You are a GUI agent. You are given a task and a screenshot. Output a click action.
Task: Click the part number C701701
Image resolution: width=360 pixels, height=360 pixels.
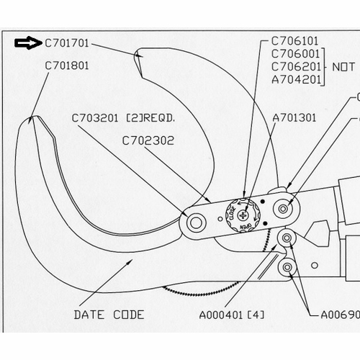68,44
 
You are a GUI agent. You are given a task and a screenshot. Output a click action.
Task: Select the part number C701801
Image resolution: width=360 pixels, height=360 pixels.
68,64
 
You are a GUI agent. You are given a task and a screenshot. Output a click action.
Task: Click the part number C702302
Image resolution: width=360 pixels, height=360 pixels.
148,140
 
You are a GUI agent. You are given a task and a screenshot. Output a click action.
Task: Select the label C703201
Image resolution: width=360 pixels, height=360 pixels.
95,117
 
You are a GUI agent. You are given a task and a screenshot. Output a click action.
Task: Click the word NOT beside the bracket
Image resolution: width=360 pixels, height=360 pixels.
343,66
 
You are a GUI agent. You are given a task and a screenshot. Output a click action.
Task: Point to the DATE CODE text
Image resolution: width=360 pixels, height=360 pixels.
109,315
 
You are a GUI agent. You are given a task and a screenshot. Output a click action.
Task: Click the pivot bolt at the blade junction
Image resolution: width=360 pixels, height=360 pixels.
194,222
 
